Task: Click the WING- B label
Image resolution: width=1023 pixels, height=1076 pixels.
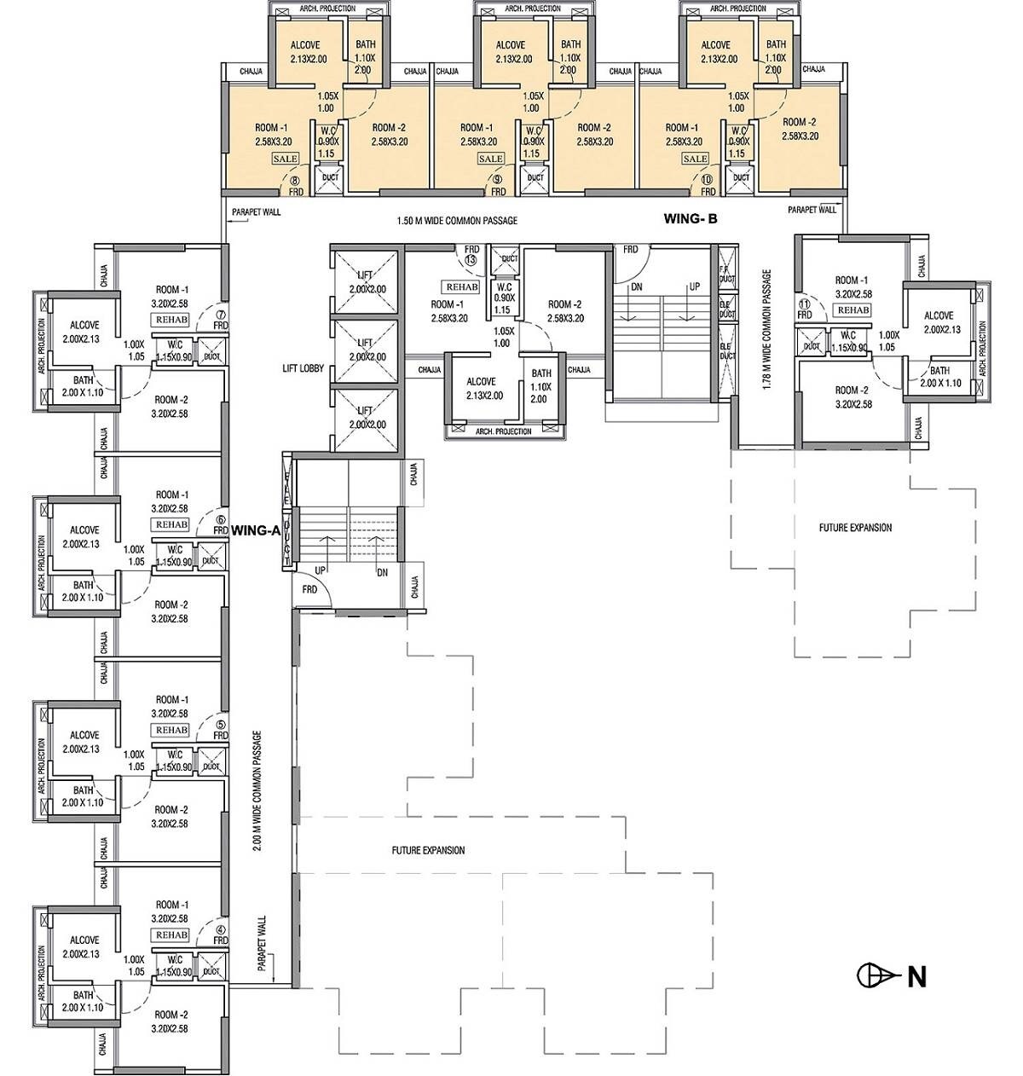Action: click(691, 219)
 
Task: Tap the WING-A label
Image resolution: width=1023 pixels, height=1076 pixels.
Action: click(256, 529)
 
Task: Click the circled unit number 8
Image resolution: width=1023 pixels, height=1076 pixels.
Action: click(295, 181)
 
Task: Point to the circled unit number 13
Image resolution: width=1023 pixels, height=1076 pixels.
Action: click(471, 261)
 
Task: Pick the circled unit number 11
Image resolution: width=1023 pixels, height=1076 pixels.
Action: click(803, 304)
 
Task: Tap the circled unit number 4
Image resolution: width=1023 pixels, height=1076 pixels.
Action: click(221, 931)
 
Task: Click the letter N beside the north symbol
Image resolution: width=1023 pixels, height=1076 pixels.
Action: click(916, 976)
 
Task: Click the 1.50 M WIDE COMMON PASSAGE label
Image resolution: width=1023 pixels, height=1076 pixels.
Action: click(457, 221)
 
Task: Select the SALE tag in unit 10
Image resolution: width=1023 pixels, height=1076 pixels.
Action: click(695, 159)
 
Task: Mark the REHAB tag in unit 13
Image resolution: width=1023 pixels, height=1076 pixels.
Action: click(460, 287)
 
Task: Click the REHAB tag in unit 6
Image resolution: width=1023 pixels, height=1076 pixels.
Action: click(170, 524)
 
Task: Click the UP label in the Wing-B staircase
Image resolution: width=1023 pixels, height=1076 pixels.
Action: click(694, 287)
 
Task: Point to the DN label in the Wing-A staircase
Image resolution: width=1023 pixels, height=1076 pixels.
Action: click(382, 573)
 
